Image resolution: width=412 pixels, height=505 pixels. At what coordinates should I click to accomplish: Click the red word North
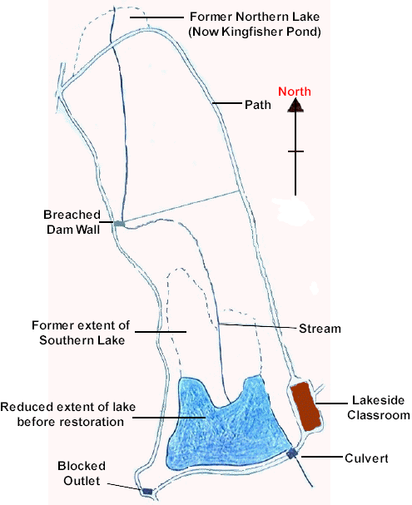(295, 92)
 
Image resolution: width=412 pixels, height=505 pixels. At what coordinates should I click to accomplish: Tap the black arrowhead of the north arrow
(295, 106)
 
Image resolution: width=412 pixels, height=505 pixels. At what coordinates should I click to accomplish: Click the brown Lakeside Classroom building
(305, 406)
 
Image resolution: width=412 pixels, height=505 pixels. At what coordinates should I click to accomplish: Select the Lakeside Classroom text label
(378, 408)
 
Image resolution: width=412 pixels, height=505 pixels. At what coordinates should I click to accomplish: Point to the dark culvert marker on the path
(292, 453)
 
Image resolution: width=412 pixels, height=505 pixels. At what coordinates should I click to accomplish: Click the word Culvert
(366, 458)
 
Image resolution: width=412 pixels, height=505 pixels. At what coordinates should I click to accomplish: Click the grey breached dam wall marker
(119, 223)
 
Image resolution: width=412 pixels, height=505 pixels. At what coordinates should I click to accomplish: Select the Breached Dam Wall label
(72, 222)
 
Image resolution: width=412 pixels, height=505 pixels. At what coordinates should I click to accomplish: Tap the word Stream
(320, 329)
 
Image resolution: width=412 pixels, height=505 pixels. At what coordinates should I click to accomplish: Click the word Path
(258, 105)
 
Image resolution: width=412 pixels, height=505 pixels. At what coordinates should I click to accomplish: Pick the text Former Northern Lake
(255, 17)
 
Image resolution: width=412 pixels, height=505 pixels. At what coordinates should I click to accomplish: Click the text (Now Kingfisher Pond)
(255, 32)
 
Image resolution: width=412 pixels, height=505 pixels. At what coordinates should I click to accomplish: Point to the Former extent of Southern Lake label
(82, 333)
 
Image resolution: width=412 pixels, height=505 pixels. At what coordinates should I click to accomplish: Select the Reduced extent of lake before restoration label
(68, 414)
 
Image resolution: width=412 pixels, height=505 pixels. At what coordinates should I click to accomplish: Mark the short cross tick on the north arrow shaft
(295, 151)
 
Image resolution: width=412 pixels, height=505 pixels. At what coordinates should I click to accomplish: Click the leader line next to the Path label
(226, 103)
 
